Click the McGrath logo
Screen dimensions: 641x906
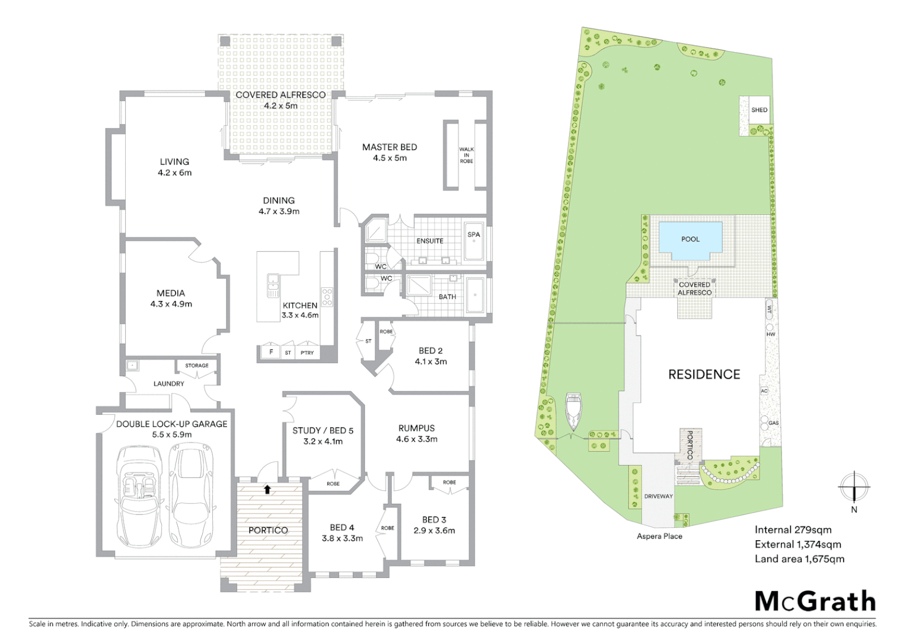point(815,601)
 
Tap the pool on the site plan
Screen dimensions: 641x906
point(691,240)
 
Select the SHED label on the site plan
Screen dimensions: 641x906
point(759,110)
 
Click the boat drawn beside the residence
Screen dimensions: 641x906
point(573,411)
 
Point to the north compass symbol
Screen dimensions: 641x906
point(853,488)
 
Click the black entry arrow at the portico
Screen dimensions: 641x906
point(267,489)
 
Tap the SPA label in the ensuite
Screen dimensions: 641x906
point(473,234)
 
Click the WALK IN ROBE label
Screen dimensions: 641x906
point(466,156)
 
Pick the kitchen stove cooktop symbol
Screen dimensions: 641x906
point(327,296)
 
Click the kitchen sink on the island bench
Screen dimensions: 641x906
point(273,285)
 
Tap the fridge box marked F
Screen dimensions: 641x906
point(271,353)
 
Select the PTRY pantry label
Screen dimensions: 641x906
point(307,353)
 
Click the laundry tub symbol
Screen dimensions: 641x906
point(132,366)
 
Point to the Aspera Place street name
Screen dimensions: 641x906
point(659,536)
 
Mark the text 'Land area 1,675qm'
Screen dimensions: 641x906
point(799,559)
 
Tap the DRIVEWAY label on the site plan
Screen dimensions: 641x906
point(658,496)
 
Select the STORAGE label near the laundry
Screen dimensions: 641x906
point(197,366)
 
